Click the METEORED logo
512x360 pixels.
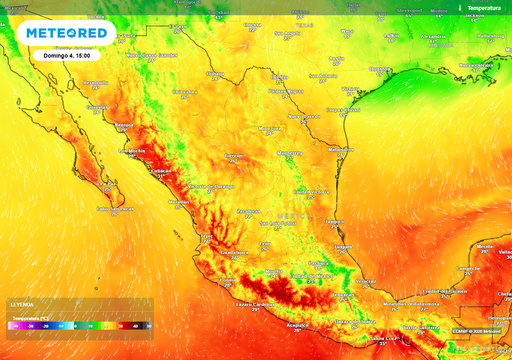click(66, 32)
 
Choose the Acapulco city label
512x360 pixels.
click(299, 325)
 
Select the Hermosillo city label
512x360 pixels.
click(97, 106)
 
